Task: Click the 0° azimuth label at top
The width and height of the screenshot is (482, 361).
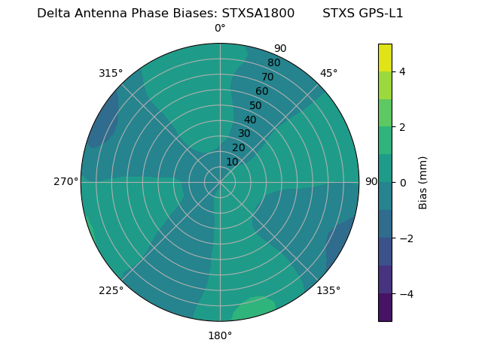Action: tap(220, 29)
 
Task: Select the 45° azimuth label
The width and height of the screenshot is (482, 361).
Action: tap(328, 73)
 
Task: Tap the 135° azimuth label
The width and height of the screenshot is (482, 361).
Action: tap(328, 290)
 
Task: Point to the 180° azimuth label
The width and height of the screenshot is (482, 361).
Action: tap(220, 335)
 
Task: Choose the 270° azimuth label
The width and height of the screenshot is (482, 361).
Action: tap(66, 181)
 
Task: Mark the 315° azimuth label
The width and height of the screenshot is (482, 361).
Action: tap(111, 73)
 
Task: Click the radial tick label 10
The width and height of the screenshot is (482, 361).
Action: tap(232, 162)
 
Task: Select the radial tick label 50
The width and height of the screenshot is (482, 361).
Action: tap(256, 105)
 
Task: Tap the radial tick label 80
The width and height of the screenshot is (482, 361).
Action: tap(273, 63)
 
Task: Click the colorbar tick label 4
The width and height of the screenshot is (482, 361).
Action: tap(403, 71)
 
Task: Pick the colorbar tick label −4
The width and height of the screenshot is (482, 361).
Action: tap(403, 293)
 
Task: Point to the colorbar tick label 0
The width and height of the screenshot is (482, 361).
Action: tap(403, 183)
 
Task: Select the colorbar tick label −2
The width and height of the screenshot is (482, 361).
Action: tap(403, 238)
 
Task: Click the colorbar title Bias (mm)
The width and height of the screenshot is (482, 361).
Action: tap(423, 183)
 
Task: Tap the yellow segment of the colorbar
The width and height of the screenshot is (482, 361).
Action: tap(385, 57)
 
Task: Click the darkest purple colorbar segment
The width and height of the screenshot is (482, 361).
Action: tap(385, 308)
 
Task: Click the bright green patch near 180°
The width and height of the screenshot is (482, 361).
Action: tap(252, 308)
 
